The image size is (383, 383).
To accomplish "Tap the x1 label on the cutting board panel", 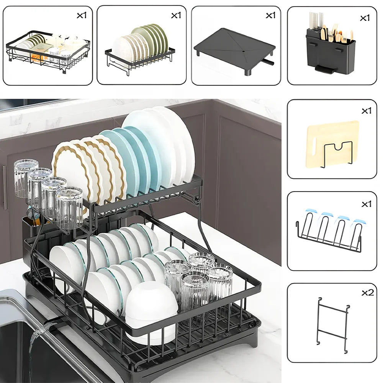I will (x=366, y=111).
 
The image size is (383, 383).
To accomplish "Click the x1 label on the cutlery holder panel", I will (x=365, y=18).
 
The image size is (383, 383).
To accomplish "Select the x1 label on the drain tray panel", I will (x=270, y=15).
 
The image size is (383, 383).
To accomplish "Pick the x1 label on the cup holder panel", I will (x=366, y=204).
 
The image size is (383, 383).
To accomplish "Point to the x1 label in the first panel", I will (x=82, y=15).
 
